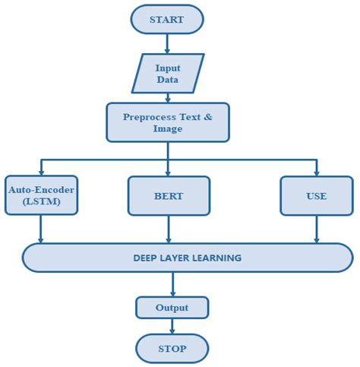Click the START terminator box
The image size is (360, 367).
point(166,19)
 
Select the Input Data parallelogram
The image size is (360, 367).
point(167,73)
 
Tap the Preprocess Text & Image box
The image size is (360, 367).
point(167,122)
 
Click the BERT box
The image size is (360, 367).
point(167,195)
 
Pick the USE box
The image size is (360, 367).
point(316,195)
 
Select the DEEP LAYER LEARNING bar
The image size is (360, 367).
point(187,258)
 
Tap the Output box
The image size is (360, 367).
point(172,308)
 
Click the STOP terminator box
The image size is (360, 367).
point(172,349)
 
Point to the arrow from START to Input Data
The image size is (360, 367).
point(167,43)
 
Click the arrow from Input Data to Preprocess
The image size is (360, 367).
point(167,96)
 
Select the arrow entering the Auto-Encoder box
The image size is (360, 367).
point(40,167)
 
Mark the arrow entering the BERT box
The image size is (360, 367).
point(167,167)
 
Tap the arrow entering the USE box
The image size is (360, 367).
point(316,167)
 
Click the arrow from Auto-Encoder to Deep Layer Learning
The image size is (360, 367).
point(40,229)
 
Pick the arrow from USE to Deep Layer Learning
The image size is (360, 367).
point(316,229)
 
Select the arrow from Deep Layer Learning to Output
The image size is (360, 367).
point(172,284)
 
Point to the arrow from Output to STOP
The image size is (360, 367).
point(172,326)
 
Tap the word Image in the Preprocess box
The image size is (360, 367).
point(167,129)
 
